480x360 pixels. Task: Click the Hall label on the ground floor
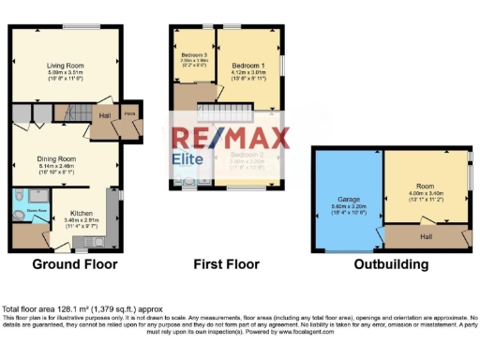coord(105,115)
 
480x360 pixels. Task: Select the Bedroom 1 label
coord(250,64)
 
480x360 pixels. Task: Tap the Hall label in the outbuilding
coord(426,236)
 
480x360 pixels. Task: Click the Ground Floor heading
coord(75,264)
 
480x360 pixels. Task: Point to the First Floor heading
coord(225,264)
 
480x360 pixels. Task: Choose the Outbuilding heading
coord(392,264)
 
